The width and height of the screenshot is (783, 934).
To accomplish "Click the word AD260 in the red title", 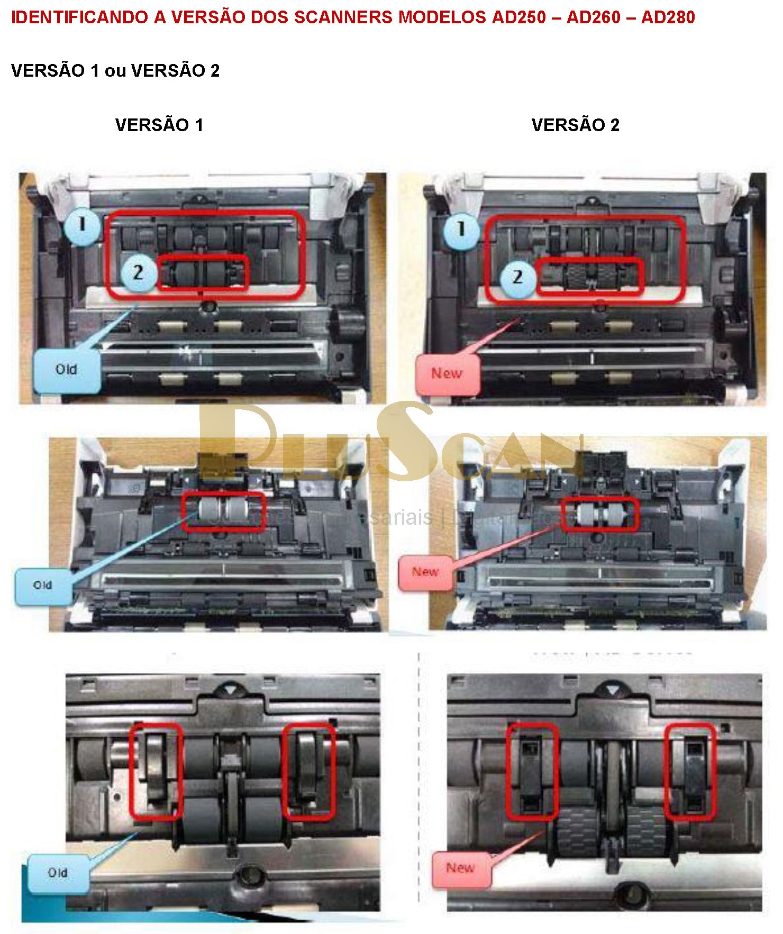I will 593,17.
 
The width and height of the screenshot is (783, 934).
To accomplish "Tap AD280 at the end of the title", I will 668,17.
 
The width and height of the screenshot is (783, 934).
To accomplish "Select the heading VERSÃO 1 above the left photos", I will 159,125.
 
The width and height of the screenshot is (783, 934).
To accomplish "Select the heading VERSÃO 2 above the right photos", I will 575,125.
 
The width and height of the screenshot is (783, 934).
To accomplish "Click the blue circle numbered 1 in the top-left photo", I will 82,225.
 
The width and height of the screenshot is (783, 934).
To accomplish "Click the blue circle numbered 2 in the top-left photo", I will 138,273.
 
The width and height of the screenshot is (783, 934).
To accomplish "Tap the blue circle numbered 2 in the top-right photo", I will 518,277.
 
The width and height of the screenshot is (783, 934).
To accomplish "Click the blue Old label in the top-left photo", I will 67,370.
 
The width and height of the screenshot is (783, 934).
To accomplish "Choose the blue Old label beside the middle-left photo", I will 43,586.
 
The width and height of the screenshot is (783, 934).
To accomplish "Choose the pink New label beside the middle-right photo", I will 425,572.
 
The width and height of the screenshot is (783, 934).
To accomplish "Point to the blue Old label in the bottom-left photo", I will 58,873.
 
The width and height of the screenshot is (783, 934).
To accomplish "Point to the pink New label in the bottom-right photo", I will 460,868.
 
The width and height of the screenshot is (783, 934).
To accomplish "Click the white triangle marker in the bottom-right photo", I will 612,691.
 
